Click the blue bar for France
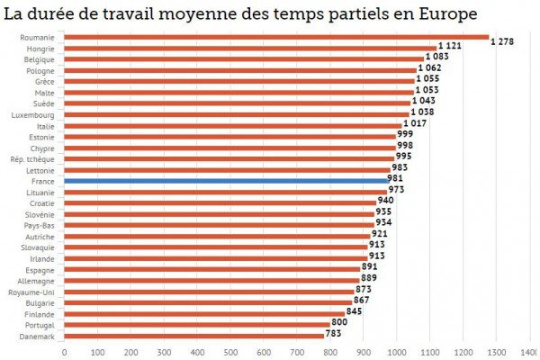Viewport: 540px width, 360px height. (x=225, y=180)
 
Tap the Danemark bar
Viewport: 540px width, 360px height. (x=193, y=336)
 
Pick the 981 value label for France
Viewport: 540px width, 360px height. (x=395, y=179)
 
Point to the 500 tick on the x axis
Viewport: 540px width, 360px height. (x=230, y=352)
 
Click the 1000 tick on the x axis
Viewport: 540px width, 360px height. (x=397, y=352)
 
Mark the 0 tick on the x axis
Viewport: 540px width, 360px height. (x=65, y=352)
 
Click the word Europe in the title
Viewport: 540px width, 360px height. (x=441, y=14)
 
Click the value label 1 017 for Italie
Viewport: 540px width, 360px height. (x=416, y=124)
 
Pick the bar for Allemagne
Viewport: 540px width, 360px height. (x=211, y=280)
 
